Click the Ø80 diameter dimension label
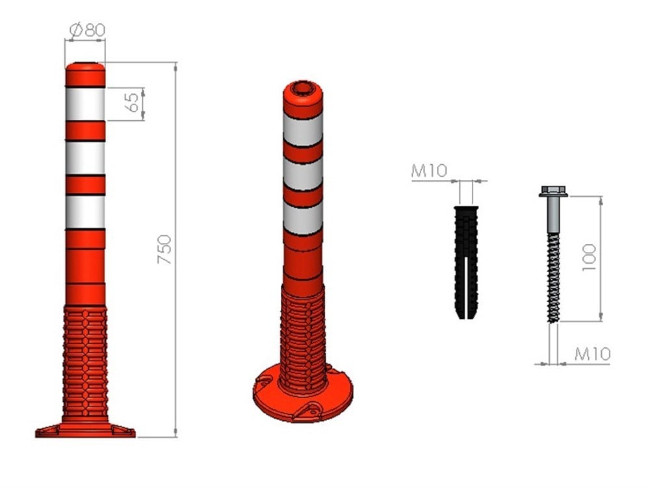pyautogui.click(x=88, y=30)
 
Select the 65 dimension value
pyautogui.click(x=131, y=103)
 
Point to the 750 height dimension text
pyautogui.click(x=164, y=249)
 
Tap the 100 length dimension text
pyautogui.click(x=589, y=258)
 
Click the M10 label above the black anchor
pyautogui.click(x=430, y=171)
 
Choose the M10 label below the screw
pyautogui.click(x=592, y=354)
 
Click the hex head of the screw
pyautogui.click(x=553, y=192)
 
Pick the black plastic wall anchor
pyautogui.click(x=466, y=262)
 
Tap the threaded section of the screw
pyautogui.click(x=553, y=277)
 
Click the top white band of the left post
pyautogui.click(x=85, y=105)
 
